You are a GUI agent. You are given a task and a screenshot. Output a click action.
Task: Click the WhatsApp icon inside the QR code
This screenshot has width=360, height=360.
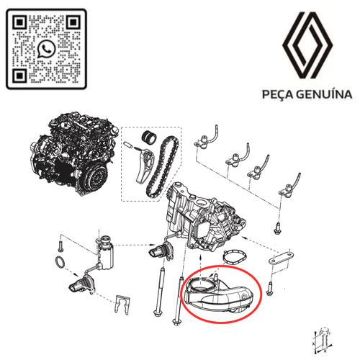coord(48,49)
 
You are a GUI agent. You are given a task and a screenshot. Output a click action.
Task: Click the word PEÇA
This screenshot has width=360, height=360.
coord(273,94)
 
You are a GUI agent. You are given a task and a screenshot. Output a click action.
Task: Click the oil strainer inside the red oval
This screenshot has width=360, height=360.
coord(220,294)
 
